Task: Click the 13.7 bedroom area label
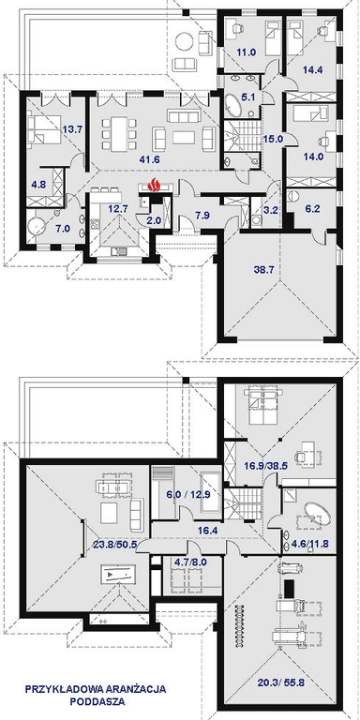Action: coord(73,128)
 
